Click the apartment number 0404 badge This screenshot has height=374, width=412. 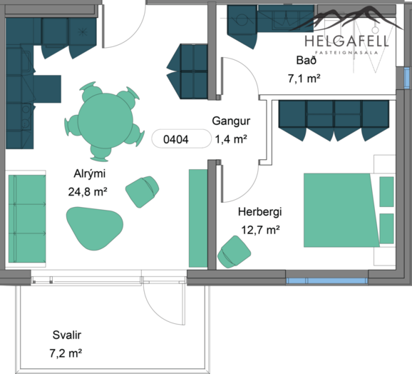tap(181, 138)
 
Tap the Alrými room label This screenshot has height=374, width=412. tap(90, 174)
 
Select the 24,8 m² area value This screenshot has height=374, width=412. tap(88, 192)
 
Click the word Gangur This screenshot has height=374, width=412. tap(231, 121)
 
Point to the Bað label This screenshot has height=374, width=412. tap(306, 60)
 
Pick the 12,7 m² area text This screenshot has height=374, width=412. tap(260, 230)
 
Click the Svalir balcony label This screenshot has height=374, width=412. tap(67, 335)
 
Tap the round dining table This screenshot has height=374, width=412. tap(105, 120)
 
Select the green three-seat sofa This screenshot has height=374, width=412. tap(27, 218)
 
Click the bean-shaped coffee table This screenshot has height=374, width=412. tap(95, 228)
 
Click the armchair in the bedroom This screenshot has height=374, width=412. tap(234, 252)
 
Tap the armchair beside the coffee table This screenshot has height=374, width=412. tap(142, 191)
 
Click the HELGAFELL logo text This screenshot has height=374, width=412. tap(346, 41)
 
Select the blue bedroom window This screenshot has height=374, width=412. tap(326, 281)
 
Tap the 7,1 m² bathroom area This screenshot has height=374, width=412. tap(304, 79)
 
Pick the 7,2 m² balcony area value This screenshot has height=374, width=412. tap(66, 353)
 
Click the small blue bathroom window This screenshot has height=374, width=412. tap(406, 78)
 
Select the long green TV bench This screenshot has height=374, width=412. tap(198, 218)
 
